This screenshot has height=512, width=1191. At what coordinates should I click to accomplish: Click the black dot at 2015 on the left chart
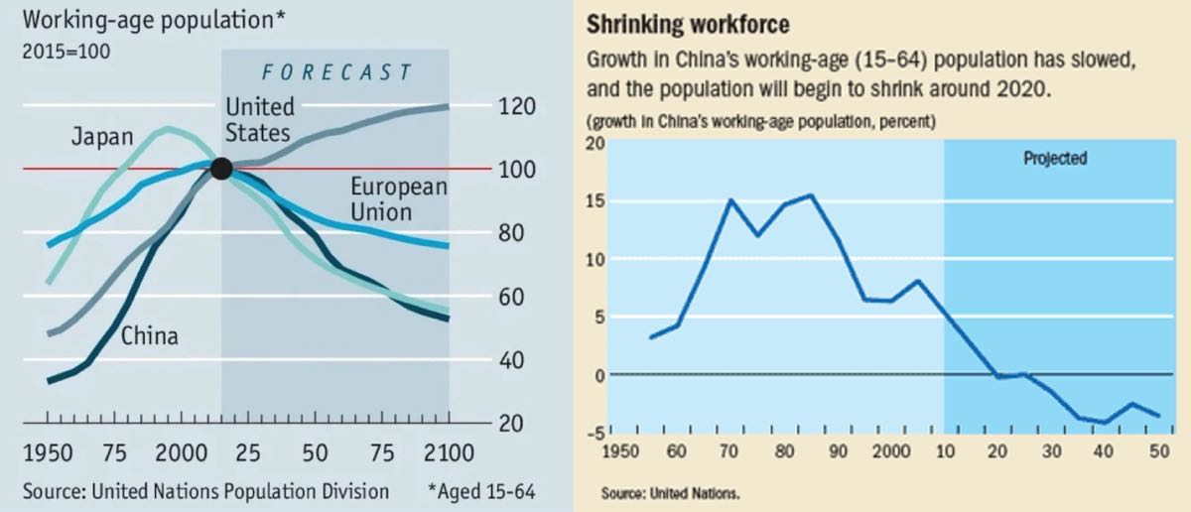221,169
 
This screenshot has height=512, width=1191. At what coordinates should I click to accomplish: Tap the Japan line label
101,138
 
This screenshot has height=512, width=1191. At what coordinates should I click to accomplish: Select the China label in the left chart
150,336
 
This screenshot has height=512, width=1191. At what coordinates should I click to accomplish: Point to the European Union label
399,199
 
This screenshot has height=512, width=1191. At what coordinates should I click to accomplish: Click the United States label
259,119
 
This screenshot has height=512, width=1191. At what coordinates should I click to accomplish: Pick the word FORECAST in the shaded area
335,72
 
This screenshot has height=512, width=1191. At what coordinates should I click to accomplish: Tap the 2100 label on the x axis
449,454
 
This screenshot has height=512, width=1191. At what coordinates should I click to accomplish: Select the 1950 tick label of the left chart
47,454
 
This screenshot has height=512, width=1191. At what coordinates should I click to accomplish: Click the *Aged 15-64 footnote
481,491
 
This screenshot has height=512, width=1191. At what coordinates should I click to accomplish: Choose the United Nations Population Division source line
205,491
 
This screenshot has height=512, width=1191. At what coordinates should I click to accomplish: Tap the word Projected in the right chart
1055,158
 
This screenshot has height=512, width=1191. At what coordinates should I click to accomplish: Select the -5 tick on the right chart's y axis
594,432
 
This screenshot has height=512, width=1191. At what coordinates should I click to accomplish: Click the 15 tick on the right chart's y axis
594,201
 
